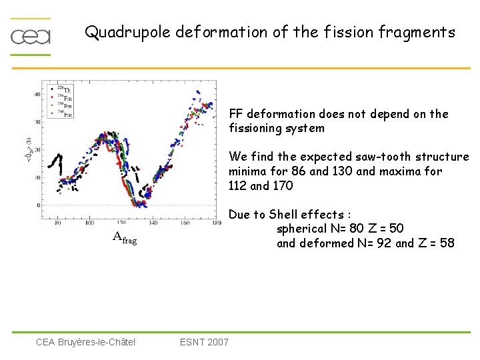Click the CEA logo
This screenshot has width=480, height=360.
click(31, 36)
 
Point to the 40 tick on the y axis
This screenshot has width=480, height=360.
click(37, 95)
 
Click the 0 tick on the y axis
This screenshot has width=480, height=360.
click(39, 205)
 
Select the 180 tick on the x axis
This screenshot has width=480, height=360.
click(216, 223)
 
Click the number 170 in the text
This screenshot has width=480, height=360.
click(283, 186)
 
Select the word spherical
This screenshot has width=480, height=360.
click(303, 229)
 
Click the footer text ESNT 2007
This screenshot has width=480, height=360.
click(204, 342)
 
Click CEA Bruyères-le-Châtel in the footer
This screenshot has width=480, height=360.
click(85, 342)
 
